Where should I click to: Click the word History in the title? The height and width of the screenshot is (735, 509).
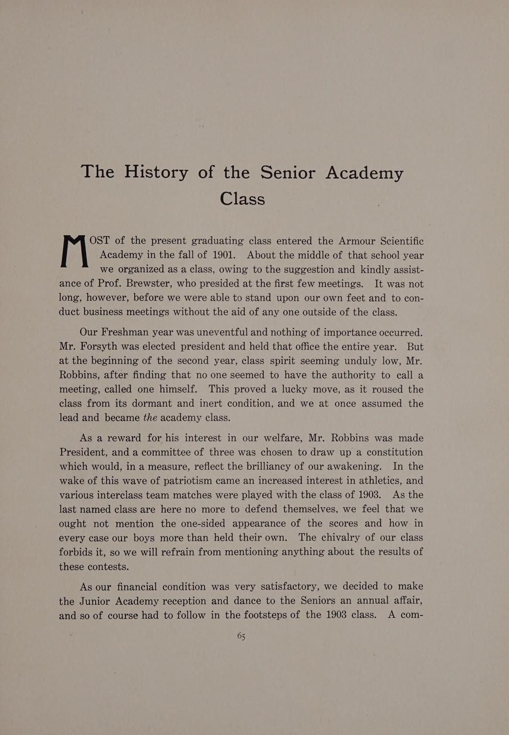(156, 172)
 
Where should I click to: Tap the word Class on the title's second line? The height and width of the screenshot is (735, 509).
(242, 198)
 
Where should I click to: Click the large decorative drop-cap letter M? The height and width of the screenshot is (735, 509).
(75, 251)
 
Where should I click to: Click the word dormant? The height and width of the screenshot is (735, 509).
(160, 404)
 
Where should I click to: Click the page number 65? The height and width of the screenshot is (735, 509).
(241, 636)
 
